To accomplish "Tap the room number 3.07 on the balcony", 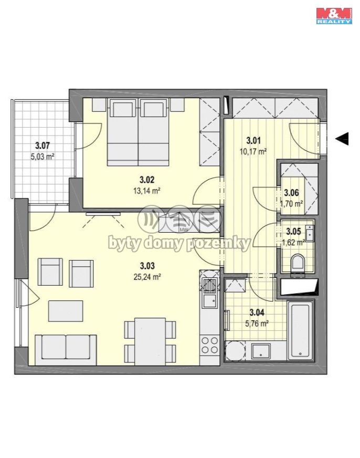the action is point(43,145).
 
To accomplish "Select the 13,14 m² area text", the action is point(147,191).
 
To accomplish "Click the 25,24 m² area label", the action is point(147,277).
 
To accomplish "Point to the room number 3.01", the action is point(253,140).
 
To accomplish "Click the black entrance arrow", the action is point(342,139).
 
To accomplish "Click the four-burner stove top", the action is point(210,345).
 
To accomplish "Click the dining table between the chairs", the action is point(150,341).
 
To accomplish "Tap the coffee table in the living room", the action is point(66,311).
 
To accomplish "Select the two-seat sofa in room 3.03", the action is point(66,350).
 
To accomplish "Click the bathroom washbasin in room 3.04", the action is point(261,351).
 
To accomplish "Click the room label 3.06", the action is point(291,193).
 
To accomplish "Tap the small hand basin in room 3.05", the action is point(309,233).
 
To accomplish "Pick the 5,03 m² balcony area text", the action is point(43,157).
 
